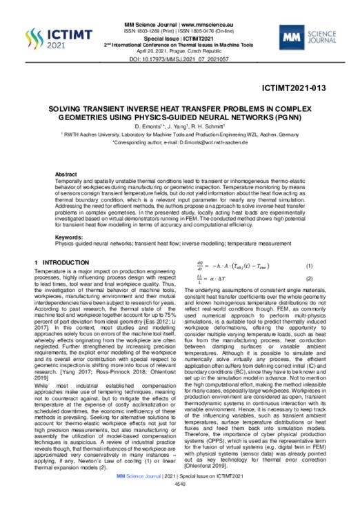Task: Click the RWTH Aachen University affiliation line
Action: pyautogui.click(x=180, y=135)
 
